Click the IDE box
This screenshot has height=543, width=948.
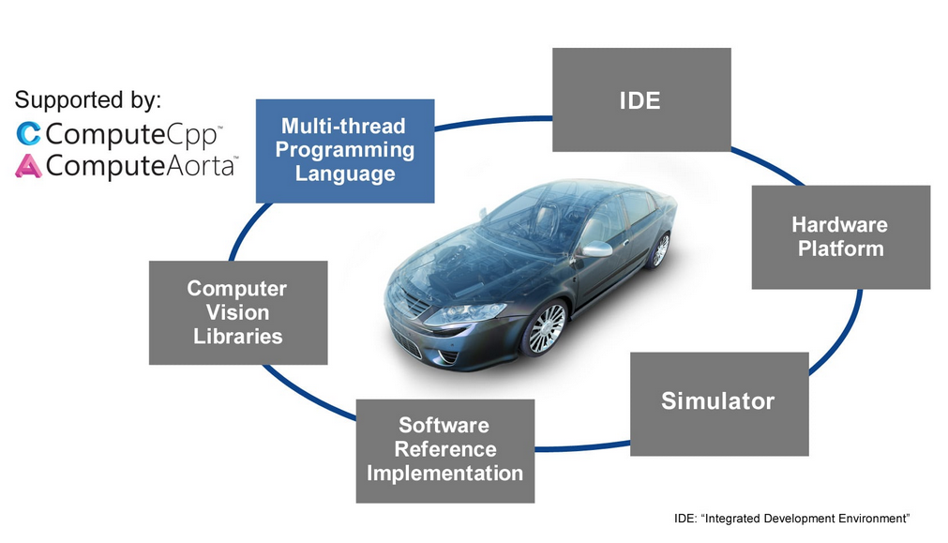click(641, 99)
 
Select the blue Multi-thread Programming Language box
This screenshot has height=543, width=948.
click(345, 151)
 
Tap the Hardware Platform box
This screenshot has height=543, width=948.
click(841, 237)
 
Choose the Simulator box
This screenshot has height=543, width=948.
click(719, 404)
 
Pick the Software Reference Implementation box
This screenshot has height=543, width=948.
click(445, 451)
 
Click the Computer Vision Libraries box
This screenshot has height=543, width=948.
click(238, 312)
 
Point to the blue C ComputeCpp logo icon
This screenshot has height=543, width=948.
click(28, 133)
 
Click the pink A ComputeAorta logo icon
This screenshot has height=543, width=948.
click(28, 166)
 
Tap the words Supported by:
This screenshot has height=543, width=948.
click(88, 99)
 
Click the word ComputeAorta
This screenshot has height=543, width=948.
click(141, 166)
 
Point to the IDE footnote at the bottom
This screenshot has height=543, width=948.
click(792, 519)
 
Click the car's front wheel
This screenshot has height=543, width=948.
click(546, 328)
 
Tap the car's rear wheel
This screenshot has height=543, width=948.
click(660, 249)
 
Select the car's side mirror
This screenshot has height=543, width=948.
click(596, 249)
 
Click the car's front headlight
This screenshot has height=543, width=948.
click(466, 313)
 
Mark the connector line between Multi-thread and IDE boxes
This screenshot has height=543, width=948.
click(493, 121)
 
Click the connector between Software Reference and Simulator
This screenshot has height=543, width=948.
click(582, 447)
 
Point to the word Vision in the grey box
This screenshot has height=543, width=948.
click(237, 312)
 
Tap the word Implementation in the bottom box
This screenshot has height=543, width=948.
click(445, 473)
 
